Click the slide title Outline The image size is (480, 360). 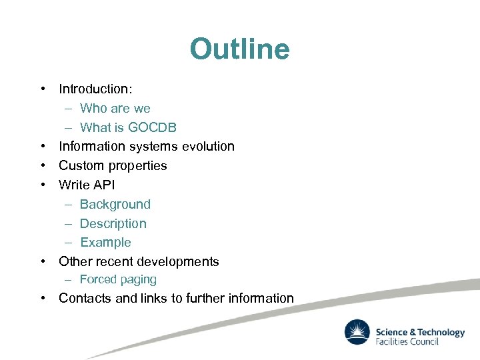click(x=239, y=49)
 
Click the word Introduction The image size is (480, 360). click(x=93, y=89)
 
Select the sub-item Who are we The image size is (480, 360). click(x=115, y=108)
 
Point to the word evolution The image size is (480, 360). click(x=205, y=146)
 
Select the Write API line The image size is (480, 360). click(x=87, y=185)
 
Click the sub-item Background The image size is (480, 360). click(x=115, y=204)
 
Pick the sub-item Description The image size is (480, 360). click(x=113, y=223)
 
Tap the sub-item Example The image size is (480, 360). click(x=105, y=243)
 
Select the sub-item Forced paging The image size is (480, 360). click(x=118, y=279)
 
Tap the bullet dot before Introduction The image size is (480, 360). click(x=42, y=89)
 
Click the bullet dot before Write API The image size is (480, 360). click(x=42, y=185)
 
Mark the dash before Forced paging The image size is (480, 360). click(x=69, y=279)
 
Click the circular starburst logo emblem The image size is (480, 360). click(x=357, y=333)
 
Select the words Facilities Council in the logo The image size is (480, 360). click(x=407, y=342)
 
